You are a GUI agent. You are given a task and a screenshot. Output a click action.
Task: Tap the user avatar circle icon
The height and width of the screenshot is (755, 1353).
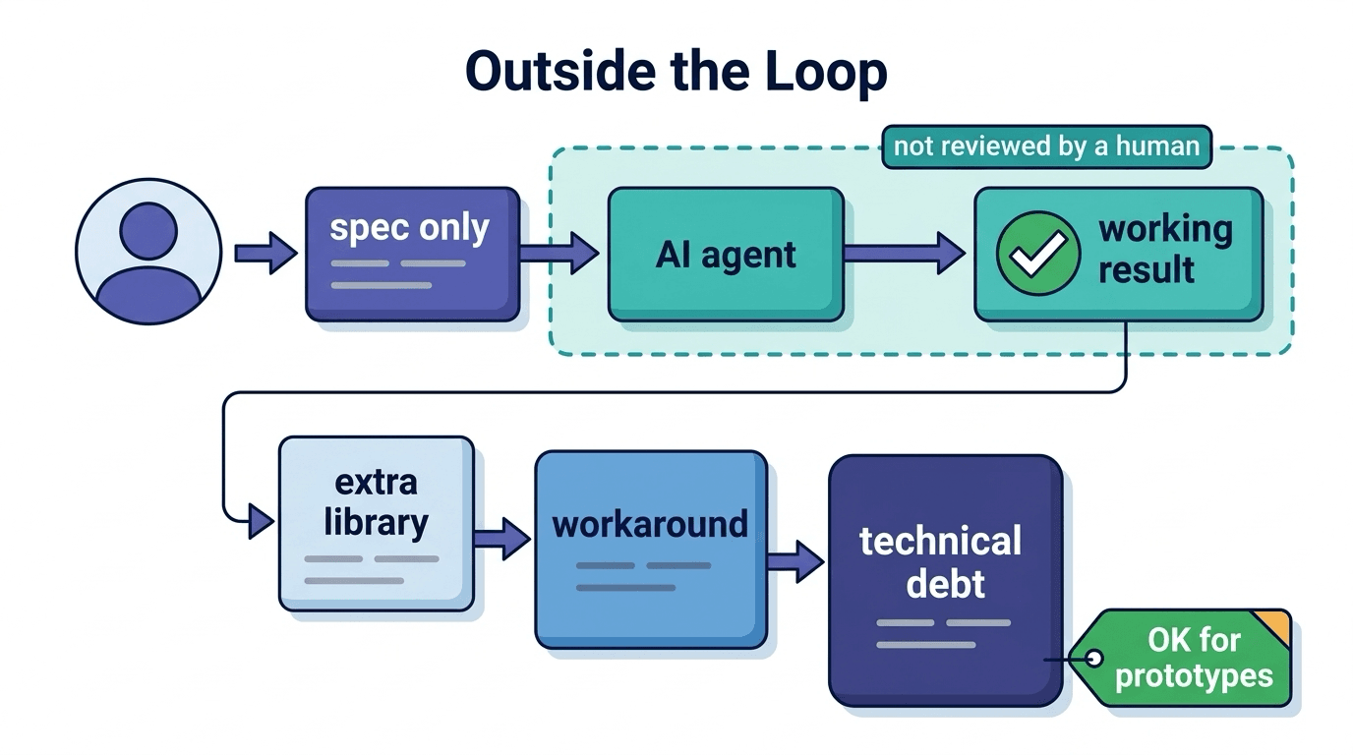(x=148, y=252)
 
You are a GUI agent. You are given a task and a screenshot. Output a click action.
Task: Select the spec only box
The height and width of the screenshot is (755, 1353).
(x=413, y=255)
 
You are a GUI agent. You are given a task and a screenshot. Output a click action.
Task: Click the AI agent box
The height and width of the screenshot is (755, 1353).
(x=726, y=255)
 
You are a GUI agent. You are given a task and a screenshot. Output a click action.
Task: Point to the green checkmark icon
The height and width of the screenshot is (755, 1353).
(x=1038, y=253)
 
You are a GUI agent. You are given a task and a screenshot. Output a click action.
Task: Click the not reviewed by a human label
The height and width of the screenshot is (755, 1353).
(x=1047, y=146)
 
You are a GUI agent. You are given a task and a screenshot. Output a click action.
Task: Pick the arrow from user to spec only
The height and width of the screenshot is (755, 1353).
(x=265, y=253)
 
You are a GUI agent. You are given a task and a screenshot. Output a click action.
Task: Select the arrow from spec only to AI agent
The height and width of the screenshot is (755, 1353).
(x=559, y=253)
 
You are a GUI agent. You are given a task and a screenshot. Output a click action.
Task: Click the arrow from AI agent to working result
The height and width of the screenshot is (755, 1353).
(x=905, y=253)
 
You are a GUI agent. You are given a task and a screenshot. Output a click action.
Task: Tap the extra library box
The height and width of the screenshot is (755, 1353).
(x=377, y=524)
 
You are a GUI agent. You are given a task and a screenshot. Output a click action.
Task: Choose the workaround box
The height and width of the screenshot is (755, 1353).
(x=651, y=550)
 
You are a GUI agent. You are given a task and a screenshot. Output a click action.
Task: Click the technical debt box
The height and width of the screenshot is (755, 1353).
(x=945, y=580)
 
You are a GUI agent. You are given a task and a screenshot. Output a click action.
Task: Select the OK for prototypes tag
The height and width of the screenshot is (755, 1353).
(x=1181, y=658)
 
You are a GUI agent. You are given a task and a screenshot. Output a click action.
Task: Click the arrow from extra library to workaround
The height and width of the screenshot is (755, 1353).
(x=502, y=539)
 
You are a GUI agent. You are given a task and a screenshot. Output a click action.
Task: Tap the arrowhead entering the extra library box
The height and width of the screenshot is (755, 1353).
(x=261, y=521)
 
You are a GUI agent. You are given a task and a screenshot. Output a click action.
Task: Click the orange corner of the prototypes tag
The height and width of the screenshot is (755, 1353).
(x=1274, y=626)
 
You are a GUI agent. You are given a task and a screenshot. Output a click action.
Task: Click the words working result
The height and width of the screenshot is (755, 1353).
(x=1165, y=250)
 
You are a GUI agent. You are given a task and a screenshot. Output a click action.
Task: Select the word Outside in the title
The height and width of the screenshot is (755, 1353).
(x=560, y=71)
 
